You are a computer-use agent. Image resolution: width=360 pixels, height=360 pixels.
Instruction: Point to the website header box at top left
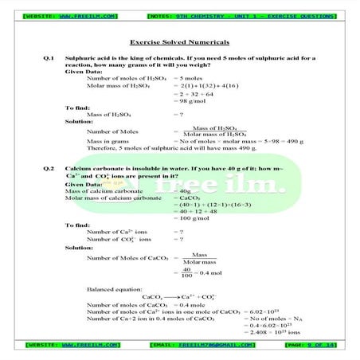pyautogui.click(x=71, y=15)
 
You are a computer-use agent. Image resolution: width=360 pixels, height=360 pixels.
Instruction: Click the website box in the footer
pyautogui.click(x=72, y=345)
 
